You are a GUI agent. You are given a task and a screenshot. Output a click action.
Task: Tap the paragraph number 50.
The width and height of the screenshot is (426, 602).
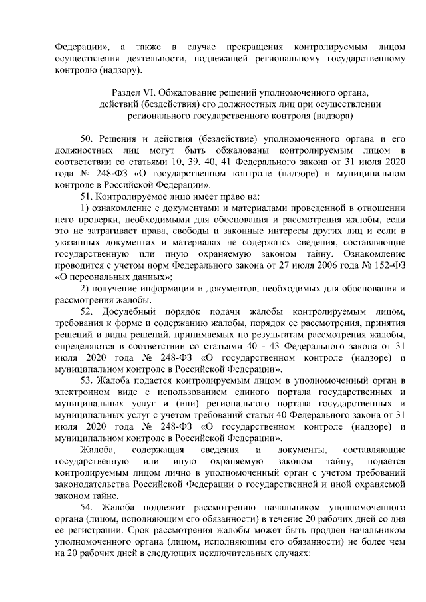(87, 138)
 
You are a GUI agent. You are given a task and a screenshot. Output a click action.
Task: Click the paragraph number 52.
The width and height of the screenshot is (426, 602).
(87, 312)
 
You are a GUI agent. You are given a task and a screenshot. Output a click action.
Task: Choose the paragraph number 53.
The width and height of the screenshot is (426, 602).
(87, 380)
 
